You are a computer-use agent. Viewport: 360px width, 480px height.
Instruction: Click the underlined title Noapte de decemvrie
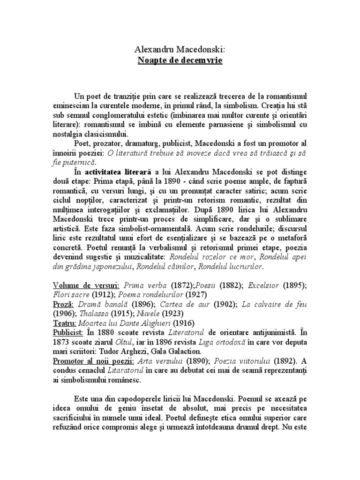(180, 60)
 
